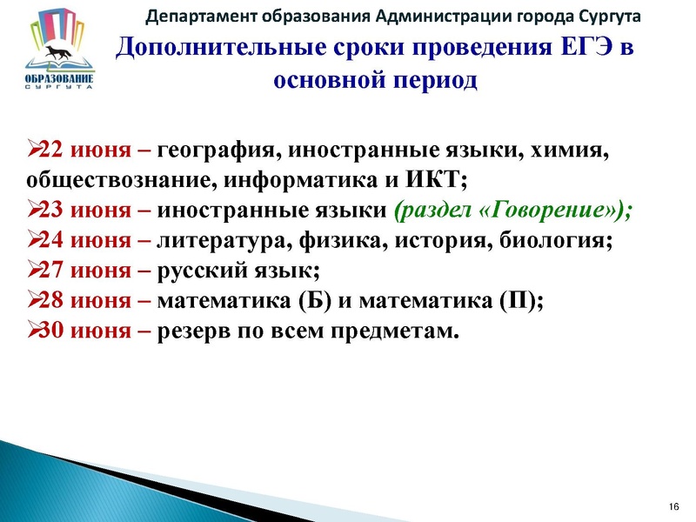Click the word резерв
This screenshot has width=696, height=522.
pos(195,331)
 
